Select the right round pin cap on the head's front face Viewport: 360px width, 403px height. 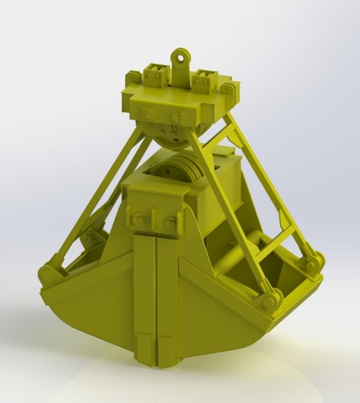(177, 118)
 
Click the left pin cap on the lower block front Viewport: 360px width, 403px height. (137, 218)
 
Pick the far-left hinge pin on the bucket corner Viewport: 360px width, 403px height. (46, 274)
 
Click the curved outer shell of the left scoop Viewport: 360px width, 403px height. (87, 316)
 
